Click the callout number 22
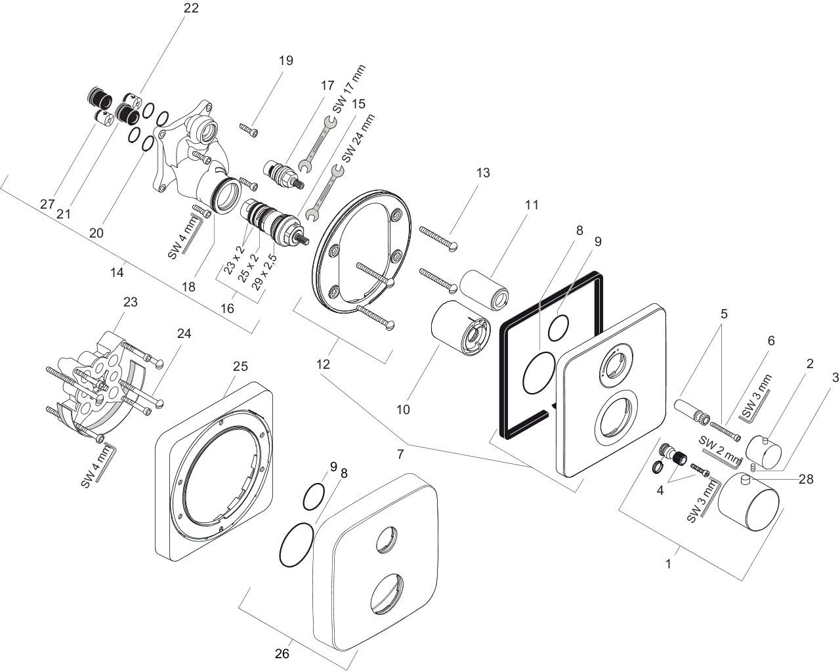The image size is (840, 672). pyautogui.click(x=191, y=8)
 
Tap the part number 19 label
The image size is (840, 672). pyautogui.click(x=285, y=60)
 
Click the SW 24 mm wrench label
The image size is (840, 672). pyautogui.click(x=358, y=138)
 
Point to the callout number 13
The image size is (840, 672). pyautogui.click(x=483, y=173)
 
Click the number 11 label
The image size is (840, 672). pyautogui.click(x=532, y=205)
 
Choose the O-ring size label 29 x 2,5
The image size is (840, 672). pyautogui.click(x=264, y=272)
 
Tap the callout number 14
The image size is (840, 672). pyautogui.click(x=117, y=272)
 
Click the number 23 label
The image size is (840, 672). pyautogui.click(x=131, y=302)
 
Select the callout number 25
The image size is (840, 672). pyautogui.click(x=240, y=366)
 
